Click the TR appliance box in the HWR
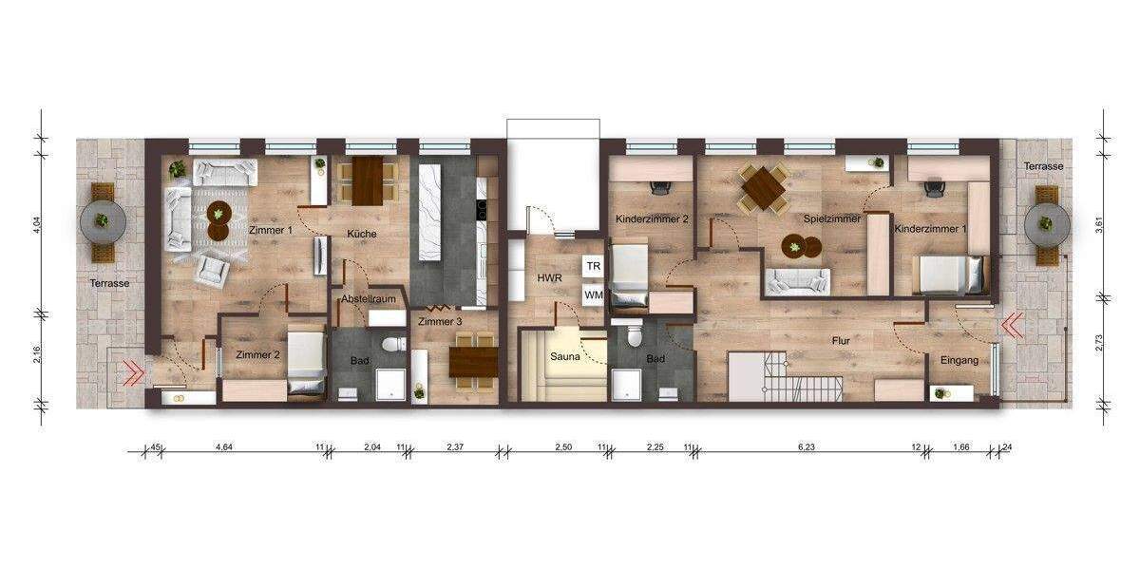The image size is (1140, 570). (x=594, y=267)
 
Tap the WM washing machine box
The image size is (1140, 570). (x=594, y=295)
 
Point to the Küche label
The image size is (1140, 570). (x=361, y=234)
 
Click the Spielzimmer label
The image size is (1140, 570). (x=832, y=218)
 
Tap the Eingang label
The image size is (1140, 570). (x=959, y=360)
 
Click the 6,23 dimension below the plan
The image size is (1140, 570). (x=807, y=445)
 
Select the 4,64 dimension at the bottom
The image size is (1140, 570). (x=225, y=445)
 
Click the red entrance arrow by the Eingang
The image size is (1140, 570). (x=1011, y=326)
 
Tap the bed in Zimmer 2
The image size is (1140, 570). (x=307, y=360)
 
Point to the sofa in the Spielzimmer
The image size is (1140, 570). (x=798, y=281)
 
